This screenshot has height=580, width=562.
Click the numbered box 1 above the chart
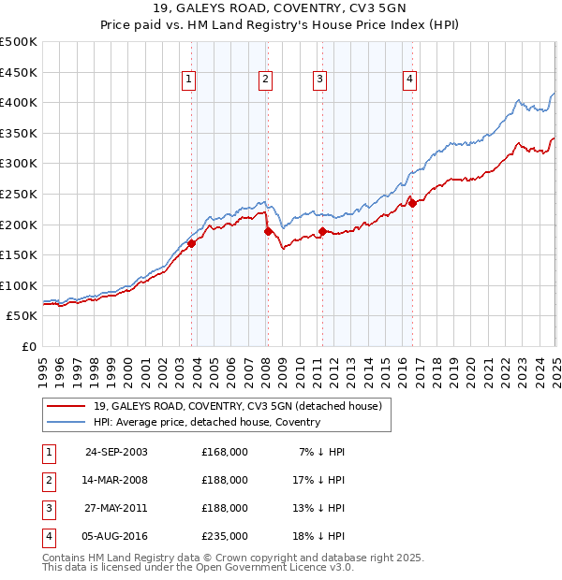(188, 80)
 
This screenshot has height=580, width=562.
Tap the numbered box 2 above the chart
(266, 80)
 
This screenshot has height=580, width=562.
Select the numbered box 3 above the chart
(319, 80)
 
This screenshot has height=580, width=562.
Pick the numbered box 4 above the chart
(410, 80)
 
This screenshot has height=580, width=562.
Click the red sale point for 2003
(191, 243)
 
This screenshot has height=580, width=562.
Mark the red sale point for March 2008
(268, 231)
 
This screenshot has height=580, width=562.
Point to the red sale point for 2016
(412, 203)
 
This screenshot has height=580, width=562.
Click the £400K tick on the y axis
(19, 102)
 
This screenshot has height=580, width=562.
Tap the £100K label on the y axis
(19, 285)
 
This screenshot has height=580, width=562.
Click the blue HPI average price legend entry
(206, 423)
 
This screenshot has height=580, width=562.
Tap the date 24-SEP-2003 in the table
(116, 452)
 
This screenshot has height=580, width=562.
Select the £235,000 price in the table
(225, 536)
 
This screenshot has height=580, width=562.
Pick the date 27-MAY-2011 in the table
(116, 508)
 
